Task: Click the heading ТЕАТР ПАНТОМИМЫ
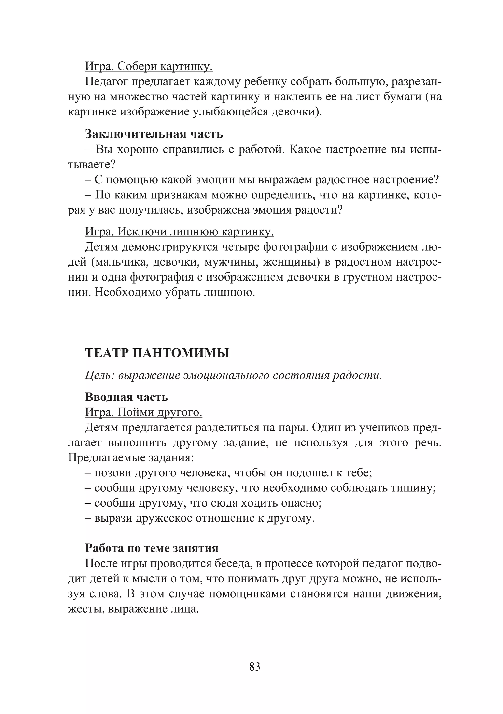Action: click(x=157, y=353)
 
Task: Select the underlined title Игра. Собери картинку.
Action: click(x=149, y=66)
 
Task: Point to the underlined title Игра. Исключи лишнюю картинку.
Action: click(x=179, y=232)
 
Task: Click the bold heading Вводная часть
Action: click(x=126, y=397)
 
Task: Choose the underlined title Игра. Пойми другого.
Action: click(x=144, y=412)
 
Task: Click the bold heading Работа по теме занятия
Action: click(x=152, y=548)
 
